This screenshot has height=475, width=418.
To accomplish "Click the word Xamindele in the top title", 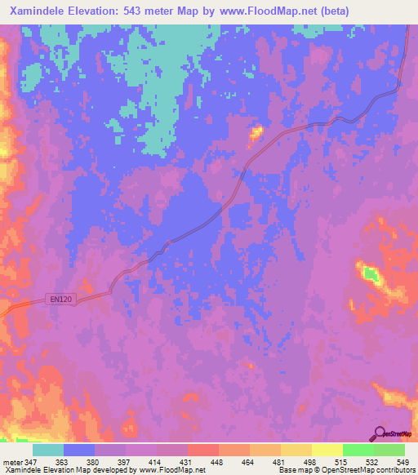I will coord(35,11).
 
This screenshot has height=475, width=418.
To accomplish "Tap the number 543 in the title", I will coord(143,11).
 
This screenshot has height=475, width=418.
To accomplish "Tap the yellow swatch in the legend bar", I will coord(327,450).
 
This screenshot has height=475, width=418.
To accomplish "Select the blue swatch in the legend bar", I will coord(79,450).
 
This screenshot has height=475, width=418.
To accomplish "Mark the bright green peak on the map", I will coord(371,275).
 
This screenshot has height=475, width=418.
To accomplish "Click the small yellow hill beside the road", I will coord(256,131).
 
